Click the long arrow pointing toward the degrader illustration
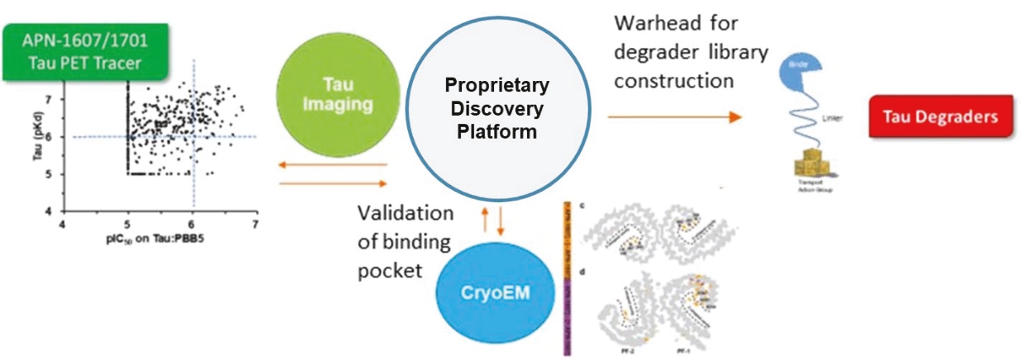pyautogui.click(x=673, y=118)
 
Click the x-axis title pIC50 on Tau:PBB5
pyautogui.click(x=159, y=239)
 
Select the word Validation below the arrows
pyautogui.click(x=405, y=214)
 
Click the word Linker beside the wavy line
pyautogui.click(x=843, y=119)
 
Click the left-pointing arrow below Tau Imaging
pyautogui.click(x=333, y=165)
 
